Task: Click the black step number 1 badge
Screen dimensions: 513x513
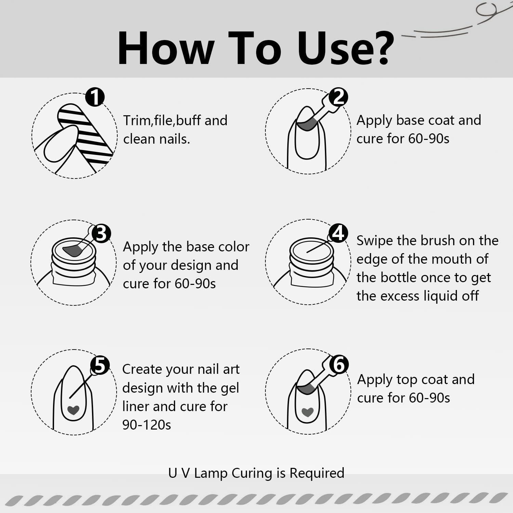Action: coord(95,97)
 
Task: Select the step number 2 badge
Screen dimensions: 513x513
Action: coord(338,97)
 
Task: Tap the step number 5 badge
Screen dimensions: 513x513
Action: coord(100,365)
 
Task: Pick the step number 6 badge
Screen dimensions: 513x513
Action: coord(339,364)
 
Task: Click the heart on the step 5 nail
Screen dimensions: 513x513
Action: coord(73,410)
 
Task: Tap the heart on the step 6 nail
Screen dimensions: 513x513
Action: coord(307,412)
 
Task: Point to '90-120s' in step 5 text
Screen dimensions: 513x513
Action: coord(147,425)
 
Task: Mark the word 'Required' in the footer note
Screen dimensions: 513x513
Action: coord(317,473)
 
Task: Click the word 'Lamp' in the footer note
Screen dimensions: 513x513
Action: coord(211,473)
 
